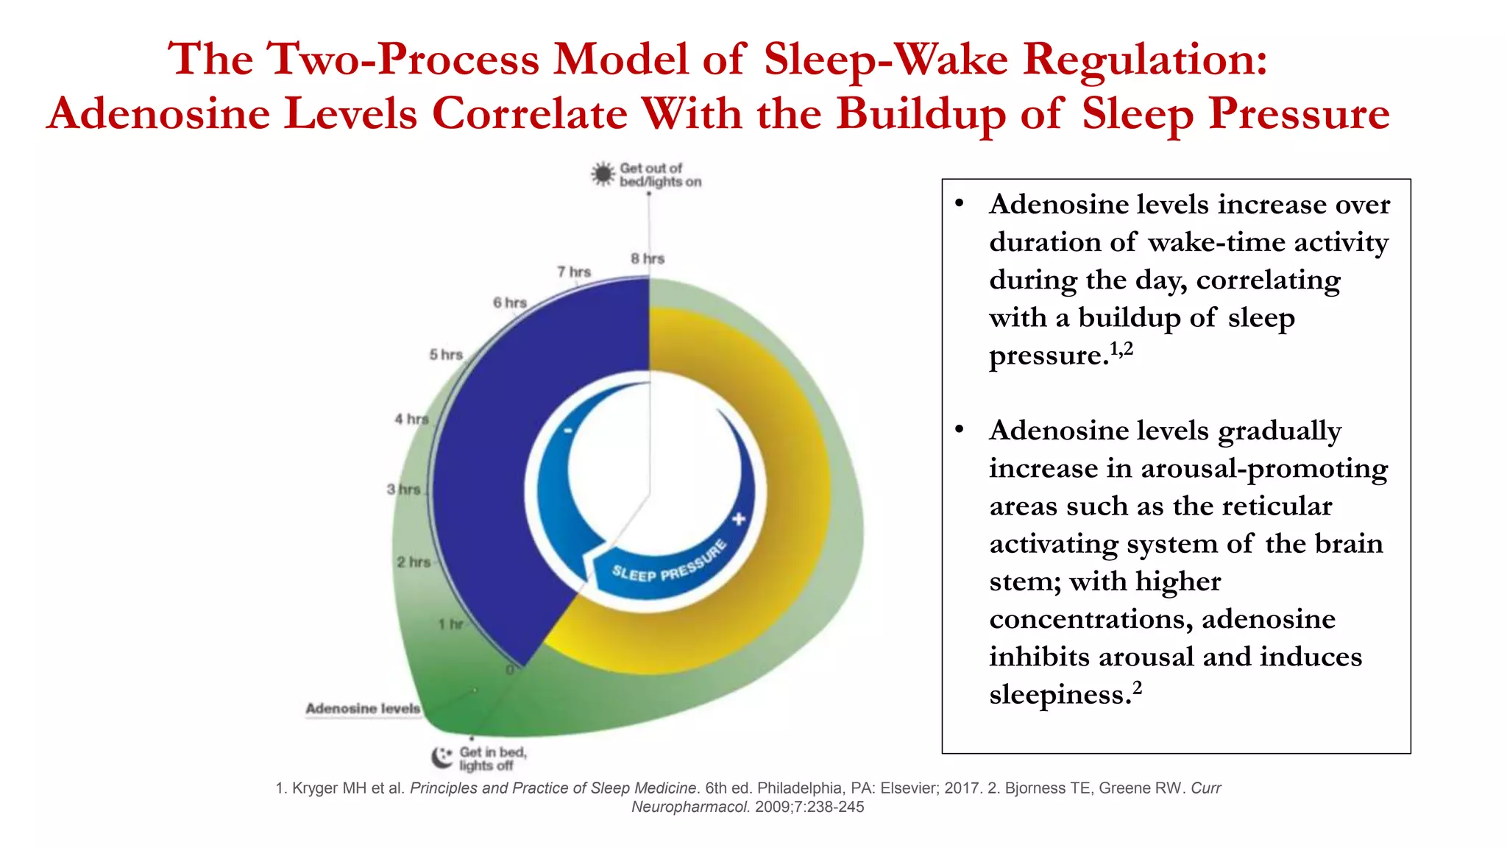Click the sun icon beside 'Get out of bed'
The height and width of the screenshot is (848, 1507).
pyautogui.click(x=603, y=174)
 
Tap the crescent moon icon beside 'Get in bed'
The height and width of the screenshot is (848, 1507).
pyautogui.click(x=442, y=757)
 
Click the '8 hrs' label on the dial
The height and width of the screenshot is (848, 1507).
pyautogui.click(x=647, y=258)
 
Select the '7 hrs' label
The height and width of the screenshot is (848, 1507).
pyautogui.click(x=574, y=272)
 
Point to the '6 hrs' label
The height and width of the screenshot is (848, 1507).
pyautogui.click(x=510, y=303)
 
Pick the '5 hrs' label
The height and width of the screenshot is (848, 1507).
pyautogui.click(x=446, y=355)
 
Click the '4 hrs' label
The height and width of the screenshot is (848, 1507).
pyautogui.click(x=411, y=419)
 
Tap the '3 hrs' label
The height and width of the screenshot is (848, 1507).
pyautogui.click(x=404, y=489)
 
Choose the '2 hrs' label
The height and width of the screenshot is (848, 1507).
pyautogui.click(x=414, y=562)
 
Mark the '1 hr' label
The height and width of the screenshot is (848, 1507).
pyautogui.click(x=450, y=624)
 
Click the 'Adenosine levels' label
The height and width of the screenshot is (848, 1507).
pyautogui.click(x=363, y=708)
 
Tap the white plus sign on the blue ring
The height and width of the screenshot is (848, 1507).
pyautogui.click(x=739, y=519)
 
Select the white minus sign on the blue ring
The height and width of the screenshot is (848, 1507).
pyautogui.click(x=567, y=431)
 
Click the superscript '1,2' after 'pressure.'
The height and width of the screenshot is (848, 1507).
pyautogui.click(x=1121, y=348)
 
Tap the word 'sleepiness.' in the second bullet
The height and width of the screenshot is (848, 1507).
pyautogui.click(x=1060, y=694)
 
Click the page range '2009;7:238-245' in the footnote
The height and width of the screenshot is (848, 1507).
pyautogui.click(x=809, y=807)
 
